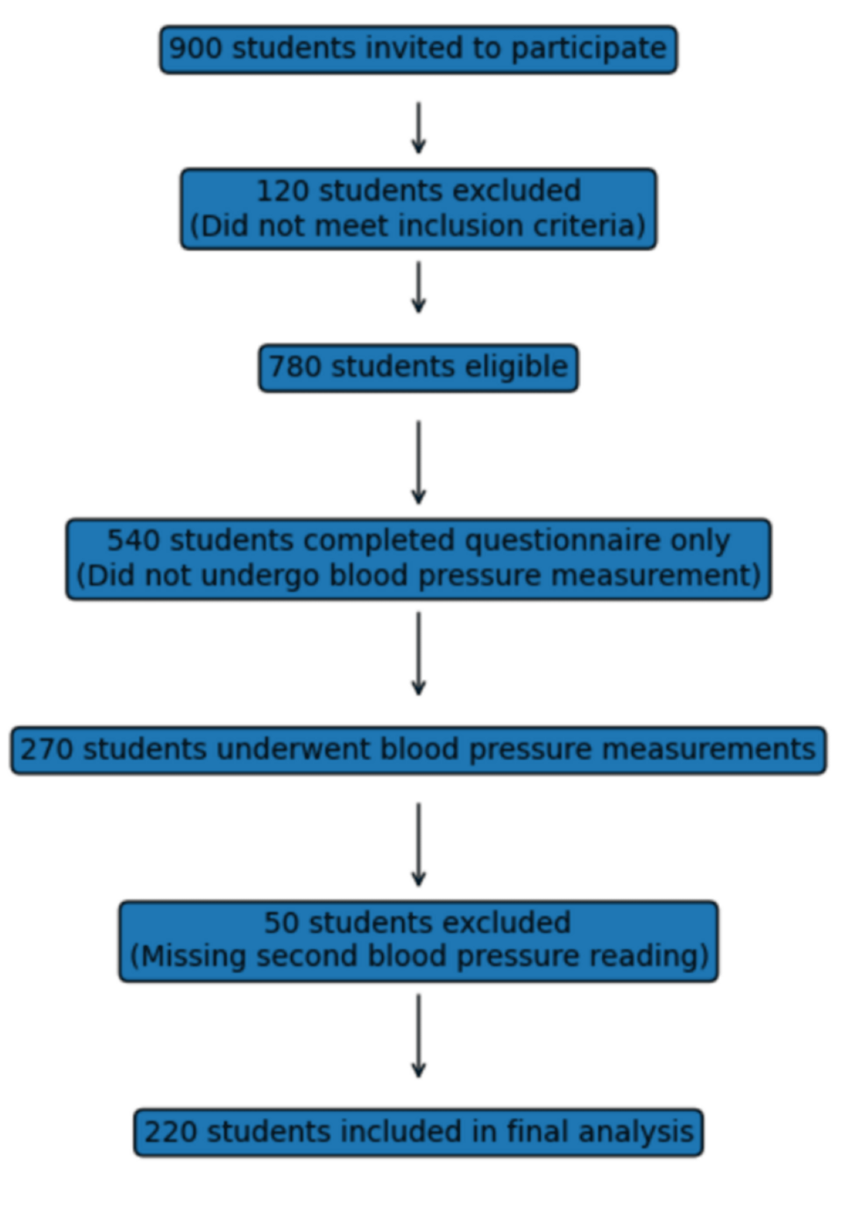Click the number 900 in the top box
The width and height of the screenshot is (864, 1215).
[x=195, y=48]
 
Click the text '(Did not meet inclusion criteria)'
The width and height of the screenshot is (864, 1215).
[x=418, y=226]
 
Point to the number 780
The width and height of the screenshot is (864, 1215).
[x=294, y=366]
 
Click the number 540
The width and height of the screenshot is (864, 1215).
[x=133, y=540]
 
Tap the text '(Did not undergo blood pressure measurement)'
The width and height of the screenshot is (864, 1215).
[x=418, y=576]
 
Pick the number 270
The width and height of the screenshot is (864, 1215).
[x=46, y=750]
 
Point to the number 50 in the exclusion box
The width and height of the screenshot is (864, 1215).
[x=281, y=922]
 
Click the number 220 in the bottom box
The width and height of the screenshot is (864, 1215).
[x=170, y=1132]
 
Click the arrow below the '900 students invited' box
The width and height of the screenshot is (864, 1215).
[x=419, y=127]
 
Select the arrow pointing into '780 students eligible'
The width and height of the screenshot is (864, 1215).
[x=419, y=287]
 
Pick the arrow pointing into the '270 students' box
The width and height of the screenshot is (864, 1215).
[x=419, y=653]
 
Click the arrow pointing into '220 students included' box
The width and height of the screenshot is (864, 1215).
[x=419, y=1035]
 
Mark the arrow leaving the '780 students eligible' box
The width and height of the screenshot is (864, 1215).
[x=419, y=462]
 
